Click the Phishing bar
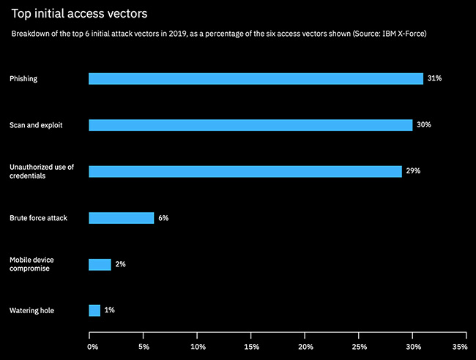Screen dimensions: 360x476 256,78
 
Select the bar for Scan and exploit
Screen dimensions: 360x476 250,125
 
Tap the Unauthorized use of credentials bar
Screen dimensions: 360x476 245,171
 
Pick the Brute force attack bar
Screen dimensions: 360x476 121,218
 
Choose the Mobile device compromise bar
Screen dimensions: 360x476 100,264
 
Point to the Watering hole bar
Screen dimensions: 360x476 94,310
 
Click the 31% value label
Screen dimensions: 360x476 434,78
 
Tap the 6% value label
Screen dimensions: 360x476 163,218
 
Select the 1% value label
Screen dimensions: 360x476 109,310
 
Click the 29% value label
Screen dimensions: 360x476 412,171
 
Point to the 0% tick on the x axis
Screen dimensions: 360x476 92,346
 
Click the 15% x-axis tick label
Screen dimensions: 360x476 251,346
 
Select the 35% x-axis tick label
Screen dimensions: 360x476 459,346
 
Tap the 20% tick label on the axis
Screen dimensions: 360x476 305,346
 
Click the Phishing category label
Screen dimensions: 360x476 24,78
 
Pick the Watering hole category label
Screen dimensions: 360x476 31,311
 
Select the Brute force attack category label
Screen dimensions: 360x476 38,218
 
